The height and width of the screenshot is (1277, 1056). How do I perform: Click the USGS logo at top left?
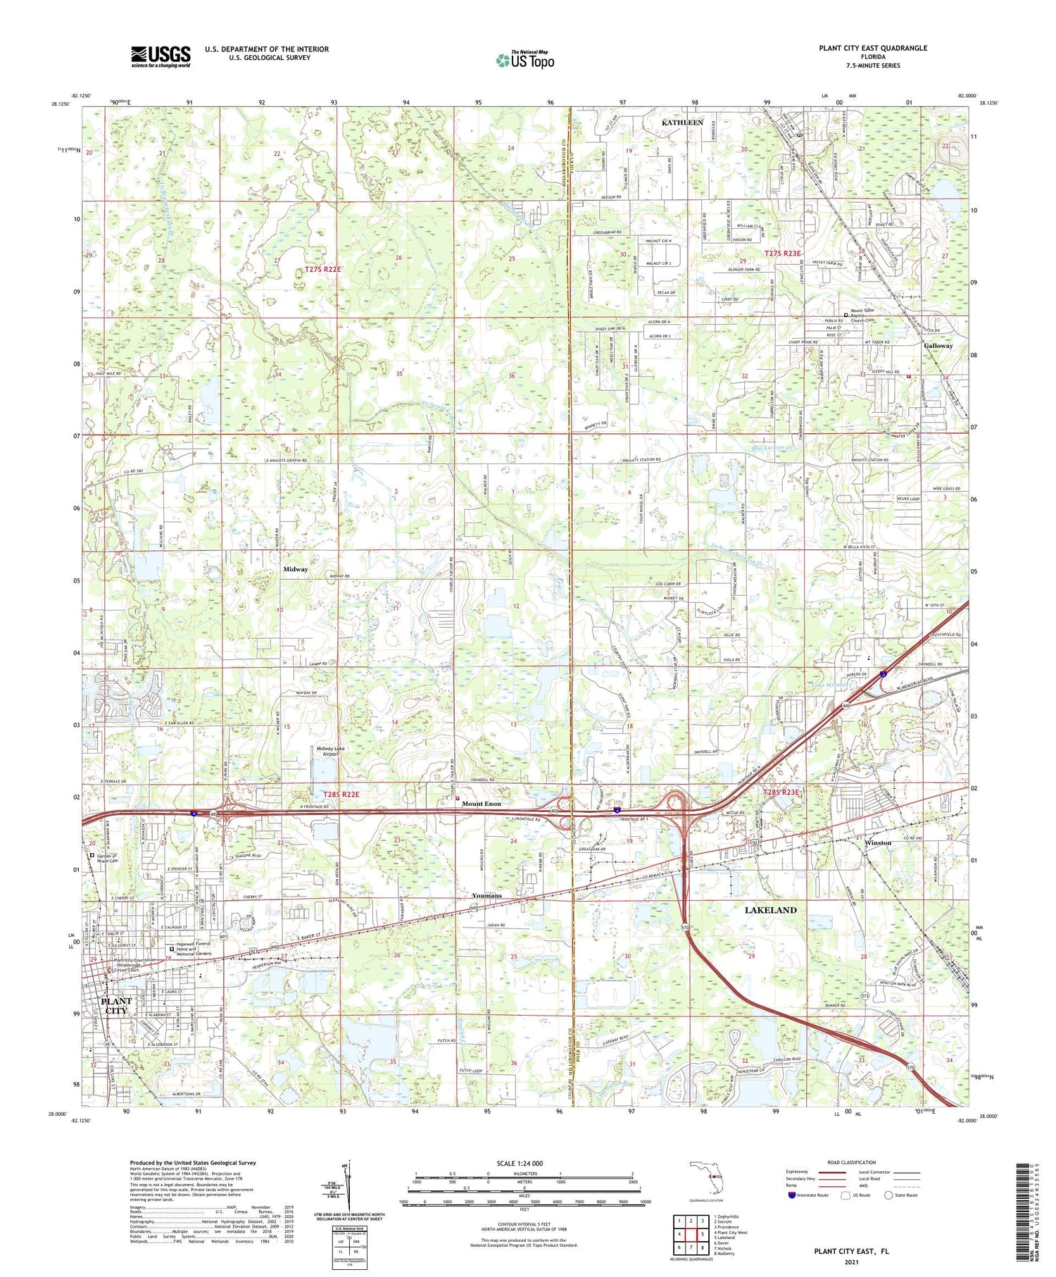click(161, 56)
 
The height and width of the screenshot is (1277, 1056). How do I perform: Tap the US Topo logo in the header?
click(524, 60)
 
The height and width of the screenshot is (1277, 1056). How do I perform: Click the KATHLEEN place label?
click(681, 123)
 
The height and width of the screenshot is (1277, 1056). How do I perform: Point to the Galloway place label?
click(938, 346)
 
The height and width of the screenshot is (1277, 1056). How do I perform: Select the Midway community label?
click(295, 569)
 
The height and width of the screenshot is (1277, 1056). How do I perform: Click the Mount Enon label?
click(482, 804)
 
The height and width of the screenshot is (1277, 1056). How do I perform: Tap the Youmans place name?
click(486, 895)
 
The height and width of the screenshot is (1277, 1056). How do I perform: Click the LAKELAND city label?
click(770, 910)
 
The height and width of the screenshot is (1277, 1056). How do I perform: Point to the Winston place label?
click(877, 842)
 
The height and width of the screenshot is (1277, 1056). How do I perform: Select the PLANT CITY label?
click(116, 1005)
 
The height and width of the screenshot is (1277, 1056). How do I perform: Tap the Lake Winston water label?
click(832, 685)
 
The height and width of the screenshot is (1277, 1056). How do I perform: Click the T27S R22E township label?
click(322, 270)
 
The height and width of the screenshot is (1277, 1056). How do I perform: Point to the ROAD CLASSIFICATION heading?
click(852, 1162)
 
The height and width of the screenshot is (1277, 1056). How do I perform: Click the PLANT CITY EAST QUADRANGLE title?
click(872, 48)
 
